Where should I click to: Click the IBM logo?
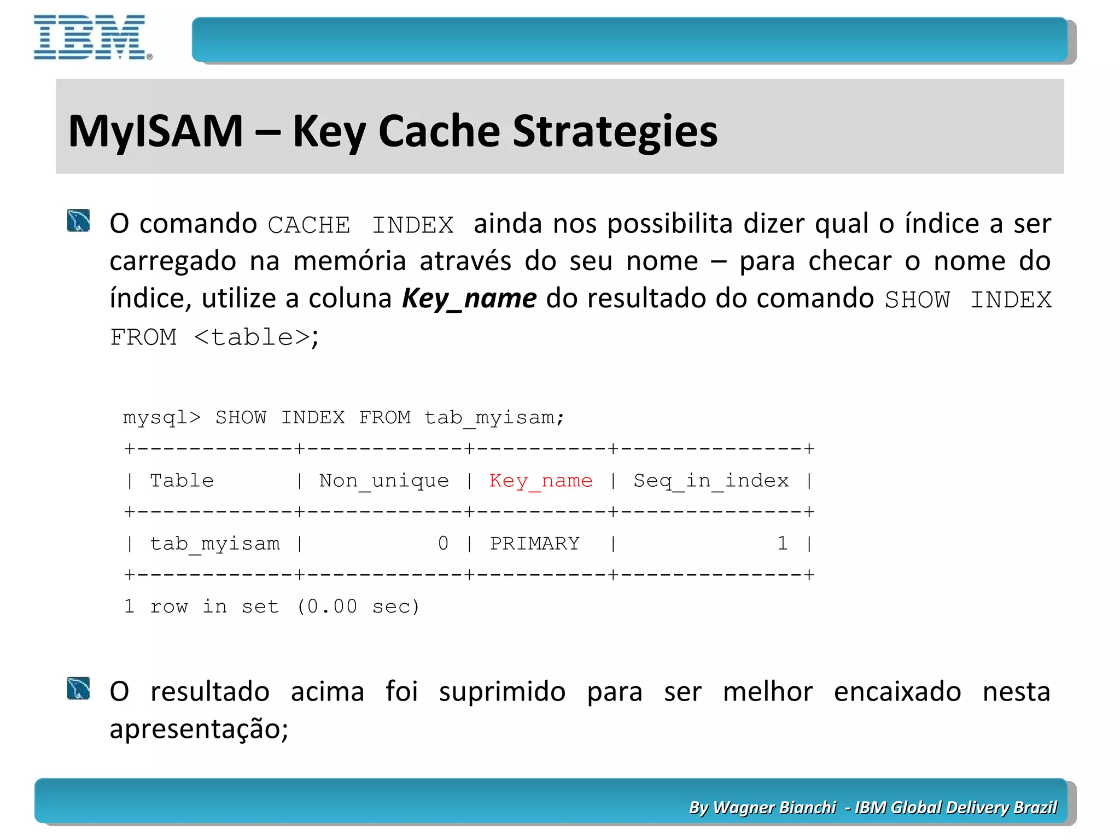click(91, 37)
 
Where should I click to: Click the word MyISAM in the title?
click(156, 131)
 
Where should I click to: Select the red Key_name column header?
click(540, 481)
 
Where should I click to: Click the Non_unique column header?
click(384, 481)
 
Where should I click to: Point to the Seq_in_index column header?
click(711, 481)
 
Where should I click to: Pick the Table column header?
click(182, 481)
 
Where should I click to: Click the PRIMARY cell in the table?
click(534, 544)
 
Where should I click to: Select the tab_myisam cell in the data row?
click(214, 544)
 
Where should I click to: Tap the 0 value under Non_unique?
click(443, 544)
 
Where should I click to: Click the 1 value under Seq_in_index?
click(783, 544)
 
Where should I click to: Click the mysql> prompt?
click(162, 418)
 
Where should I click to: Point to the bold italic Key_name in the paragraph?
click(469, 299)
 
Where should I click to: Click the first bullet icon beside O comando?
click(78, 220)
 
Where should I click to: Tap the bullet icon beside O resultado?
click(78, 689)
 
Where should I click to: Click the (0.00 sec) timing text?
click(358, 606)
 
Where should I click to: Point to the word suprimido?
click(502, 692)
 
